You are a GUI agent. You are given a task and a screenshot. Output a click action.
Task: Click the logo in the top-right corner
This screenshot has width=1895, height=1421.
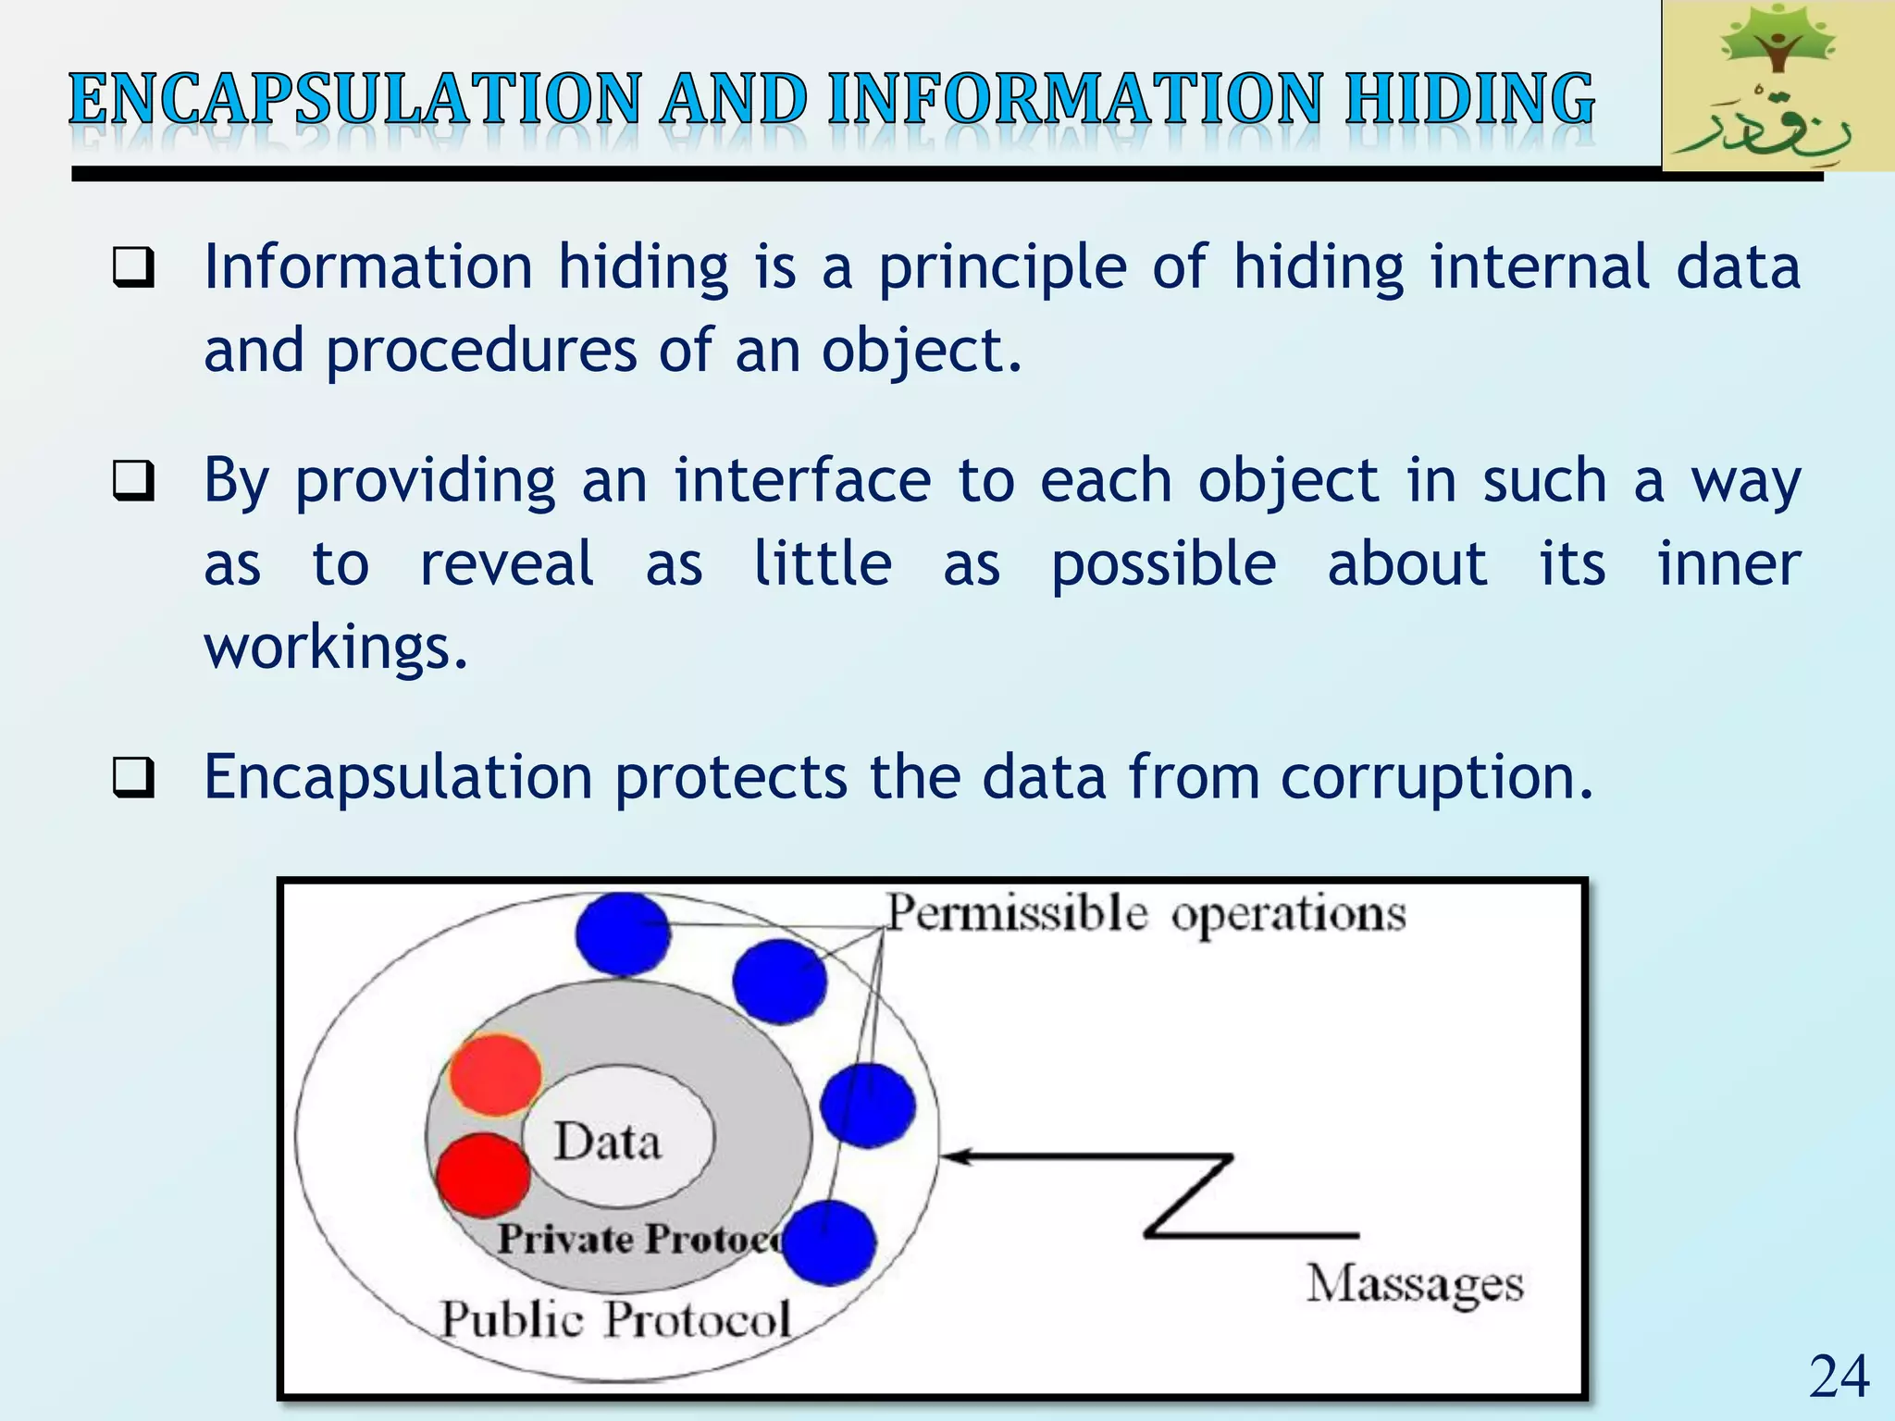1777,85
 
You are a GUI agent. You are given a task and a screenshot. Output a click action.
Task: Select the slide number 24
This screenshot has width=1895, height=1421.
1839,1376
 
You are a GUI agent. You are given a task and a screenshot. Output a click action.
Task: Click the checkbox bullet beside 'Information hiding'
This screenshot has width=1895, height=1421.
133,268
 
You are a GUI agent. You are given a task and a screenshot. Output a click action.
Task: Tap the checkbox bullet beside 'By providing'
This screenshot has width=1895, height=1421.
133,482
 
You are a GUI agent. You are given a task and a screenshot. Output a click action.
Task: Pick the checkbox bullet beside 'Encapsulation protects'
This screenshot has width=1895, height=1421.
133,778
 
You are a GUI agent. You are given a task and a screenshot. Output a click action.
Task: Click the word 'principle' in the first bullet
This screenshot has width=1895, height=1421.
1003,268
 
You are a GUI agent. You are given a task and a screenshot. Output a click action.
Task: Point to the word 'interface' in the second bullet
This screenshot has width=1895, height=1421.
802,482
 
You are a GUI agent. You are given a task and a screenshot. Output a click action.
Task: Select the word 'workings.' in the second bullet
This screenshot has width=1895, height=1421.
336,647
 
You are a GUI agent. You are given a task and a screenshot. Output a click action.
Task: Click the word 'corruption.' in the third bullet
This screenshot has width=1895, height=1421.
1437,777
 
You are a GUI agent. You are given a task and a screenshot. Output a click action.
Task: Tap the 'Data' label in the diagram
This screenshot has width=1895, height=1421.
608,1142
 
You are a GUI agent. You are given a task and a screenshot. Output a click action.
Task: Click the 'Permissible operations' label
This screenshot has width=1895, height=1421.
1146,914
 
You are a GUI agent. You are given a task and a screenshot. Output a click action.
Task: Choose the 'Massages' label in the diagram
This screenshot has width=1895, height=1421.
1414,1284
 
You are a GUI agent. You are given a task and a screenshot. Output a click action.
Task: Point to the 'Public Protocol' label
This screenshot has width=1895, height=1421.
615,1319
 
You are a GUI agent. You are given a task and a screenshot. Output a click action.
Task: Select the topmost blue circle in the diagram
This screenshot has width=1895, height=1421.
623,933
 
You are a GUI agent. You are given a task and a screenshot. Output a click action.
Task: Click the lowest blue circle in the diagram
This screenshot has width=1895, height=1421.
829,1242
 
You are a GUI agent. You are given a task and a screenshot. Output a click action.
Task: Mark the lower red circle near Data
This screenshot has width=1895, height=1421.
482,1175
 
